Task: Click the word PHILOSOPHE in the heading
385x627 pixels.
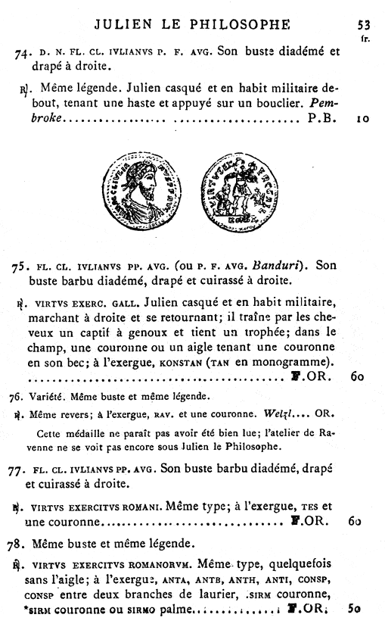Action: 239,24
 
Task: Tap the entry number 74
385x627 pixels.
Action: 22,54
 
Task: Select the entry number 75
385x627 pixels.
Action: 20,267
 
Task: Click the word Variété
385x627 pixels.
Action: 46,396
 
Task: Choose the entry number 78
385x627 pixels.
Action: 20,542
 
